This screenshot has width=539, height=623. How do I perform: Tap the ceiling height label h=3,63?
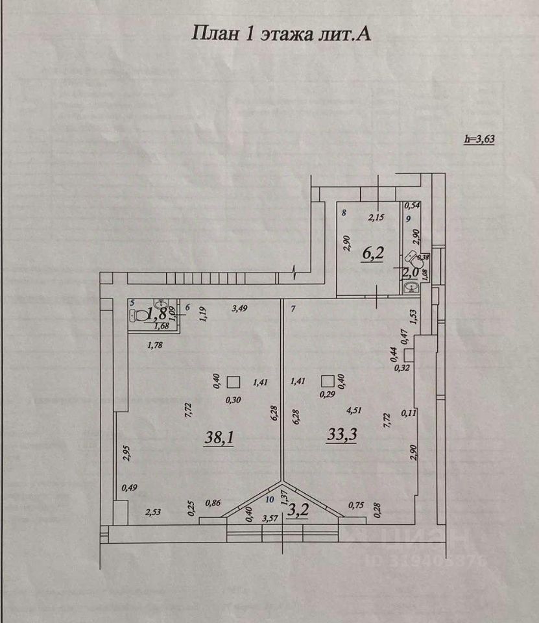pos(479,138)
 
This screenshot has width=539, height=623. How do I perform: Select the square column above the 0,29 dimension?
pos(328,380)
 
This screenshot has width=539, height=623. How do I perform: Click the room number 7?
pos(293,309)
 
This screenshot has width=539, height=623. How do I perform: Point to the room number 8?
pos(344,213)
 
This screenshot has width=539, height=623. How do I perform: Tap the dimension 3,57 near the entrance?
pos(270,518)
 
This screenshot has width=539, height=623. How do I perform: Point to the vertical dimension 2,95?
pos(127,453)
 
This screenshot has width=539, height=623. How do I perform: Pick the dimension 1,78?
pos(155,345)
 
